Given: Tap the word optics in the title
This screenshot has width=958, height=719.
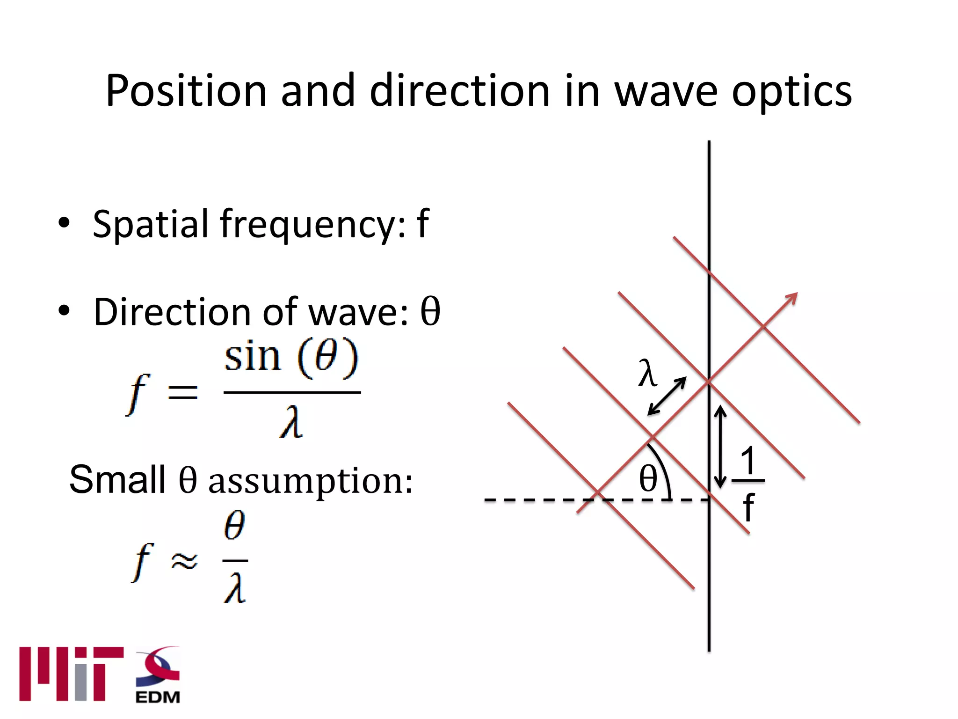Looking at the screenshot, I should [791, 92].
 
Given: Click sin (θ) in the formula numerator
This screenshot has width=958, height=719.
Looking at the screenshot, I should [291, 358].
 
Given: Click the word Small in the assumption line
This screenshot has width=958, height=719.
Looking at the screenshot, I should [117, 479].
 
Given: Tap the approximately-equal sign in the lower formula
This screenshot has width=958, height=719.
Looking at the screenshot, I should [184, 560].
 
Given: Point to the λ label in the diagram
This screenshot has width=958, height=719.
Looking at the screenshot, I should [647, 373].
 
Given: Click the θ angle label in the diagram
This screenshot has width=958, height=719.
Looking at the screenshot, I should [648, 478].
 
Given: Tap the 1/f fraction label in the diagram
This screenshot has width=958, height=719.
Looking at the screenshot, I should [748, 482].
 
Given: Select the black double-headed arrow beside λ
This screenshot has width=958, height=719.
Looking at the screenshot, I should [667, 396].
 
